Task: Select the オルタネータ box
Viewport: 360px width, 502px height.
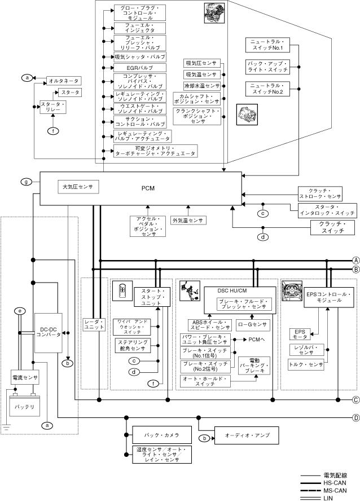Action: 63,81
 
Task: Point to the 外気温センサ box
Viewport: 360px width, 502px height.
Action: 188,220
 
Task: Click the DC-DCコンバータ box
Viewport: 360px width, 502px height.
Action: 47,331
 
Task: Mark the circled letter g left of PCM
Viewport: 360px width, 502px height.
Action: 25,182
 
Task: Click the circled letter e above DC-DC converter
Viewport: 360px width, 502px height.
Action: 20,311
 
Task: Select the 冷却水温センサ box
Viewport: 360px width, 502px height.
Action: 201,86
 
